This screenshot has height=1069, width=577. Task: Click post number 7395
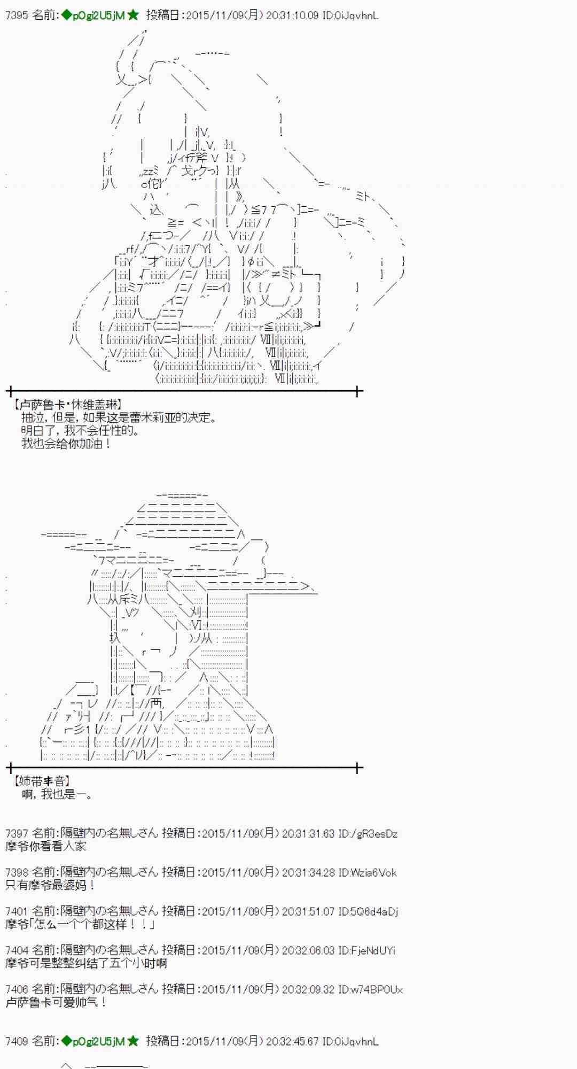[x=16, y=16]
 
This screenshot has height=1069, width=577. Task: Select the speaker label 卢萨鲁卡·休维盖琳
[x=68, y=405]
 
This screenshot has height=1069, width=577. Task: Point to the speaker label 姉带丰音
[x=42, y=781]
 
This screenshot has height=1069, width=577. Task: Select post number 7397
[x=16, y=833]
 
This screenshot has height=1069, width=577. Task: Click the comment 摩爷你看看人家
[x=45, y=846]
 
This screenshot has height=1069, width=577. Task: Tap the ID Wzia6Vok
[x=373, y=872]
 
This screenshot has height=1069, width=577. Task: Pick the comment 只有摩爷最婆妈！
[x=51, y=885]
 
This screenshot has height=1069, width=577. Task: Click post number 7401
[x=16, y=911]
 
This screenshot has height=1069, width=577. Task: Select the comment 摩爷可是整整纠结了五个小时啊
[x=86, y=963]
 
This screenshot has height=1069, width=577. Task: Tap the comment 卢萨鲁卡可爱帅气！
[x=56, y=1002]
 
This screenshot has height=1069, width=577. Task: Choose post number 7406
[x=16, y=989]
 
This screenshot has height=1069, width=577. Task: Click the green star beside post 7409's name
[x=133, y=1041]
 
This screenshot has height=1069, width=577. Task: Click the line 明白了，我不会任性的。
[x=80, y=430]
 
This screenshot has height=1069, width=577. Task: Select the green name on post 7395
[x=93, y=16]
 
